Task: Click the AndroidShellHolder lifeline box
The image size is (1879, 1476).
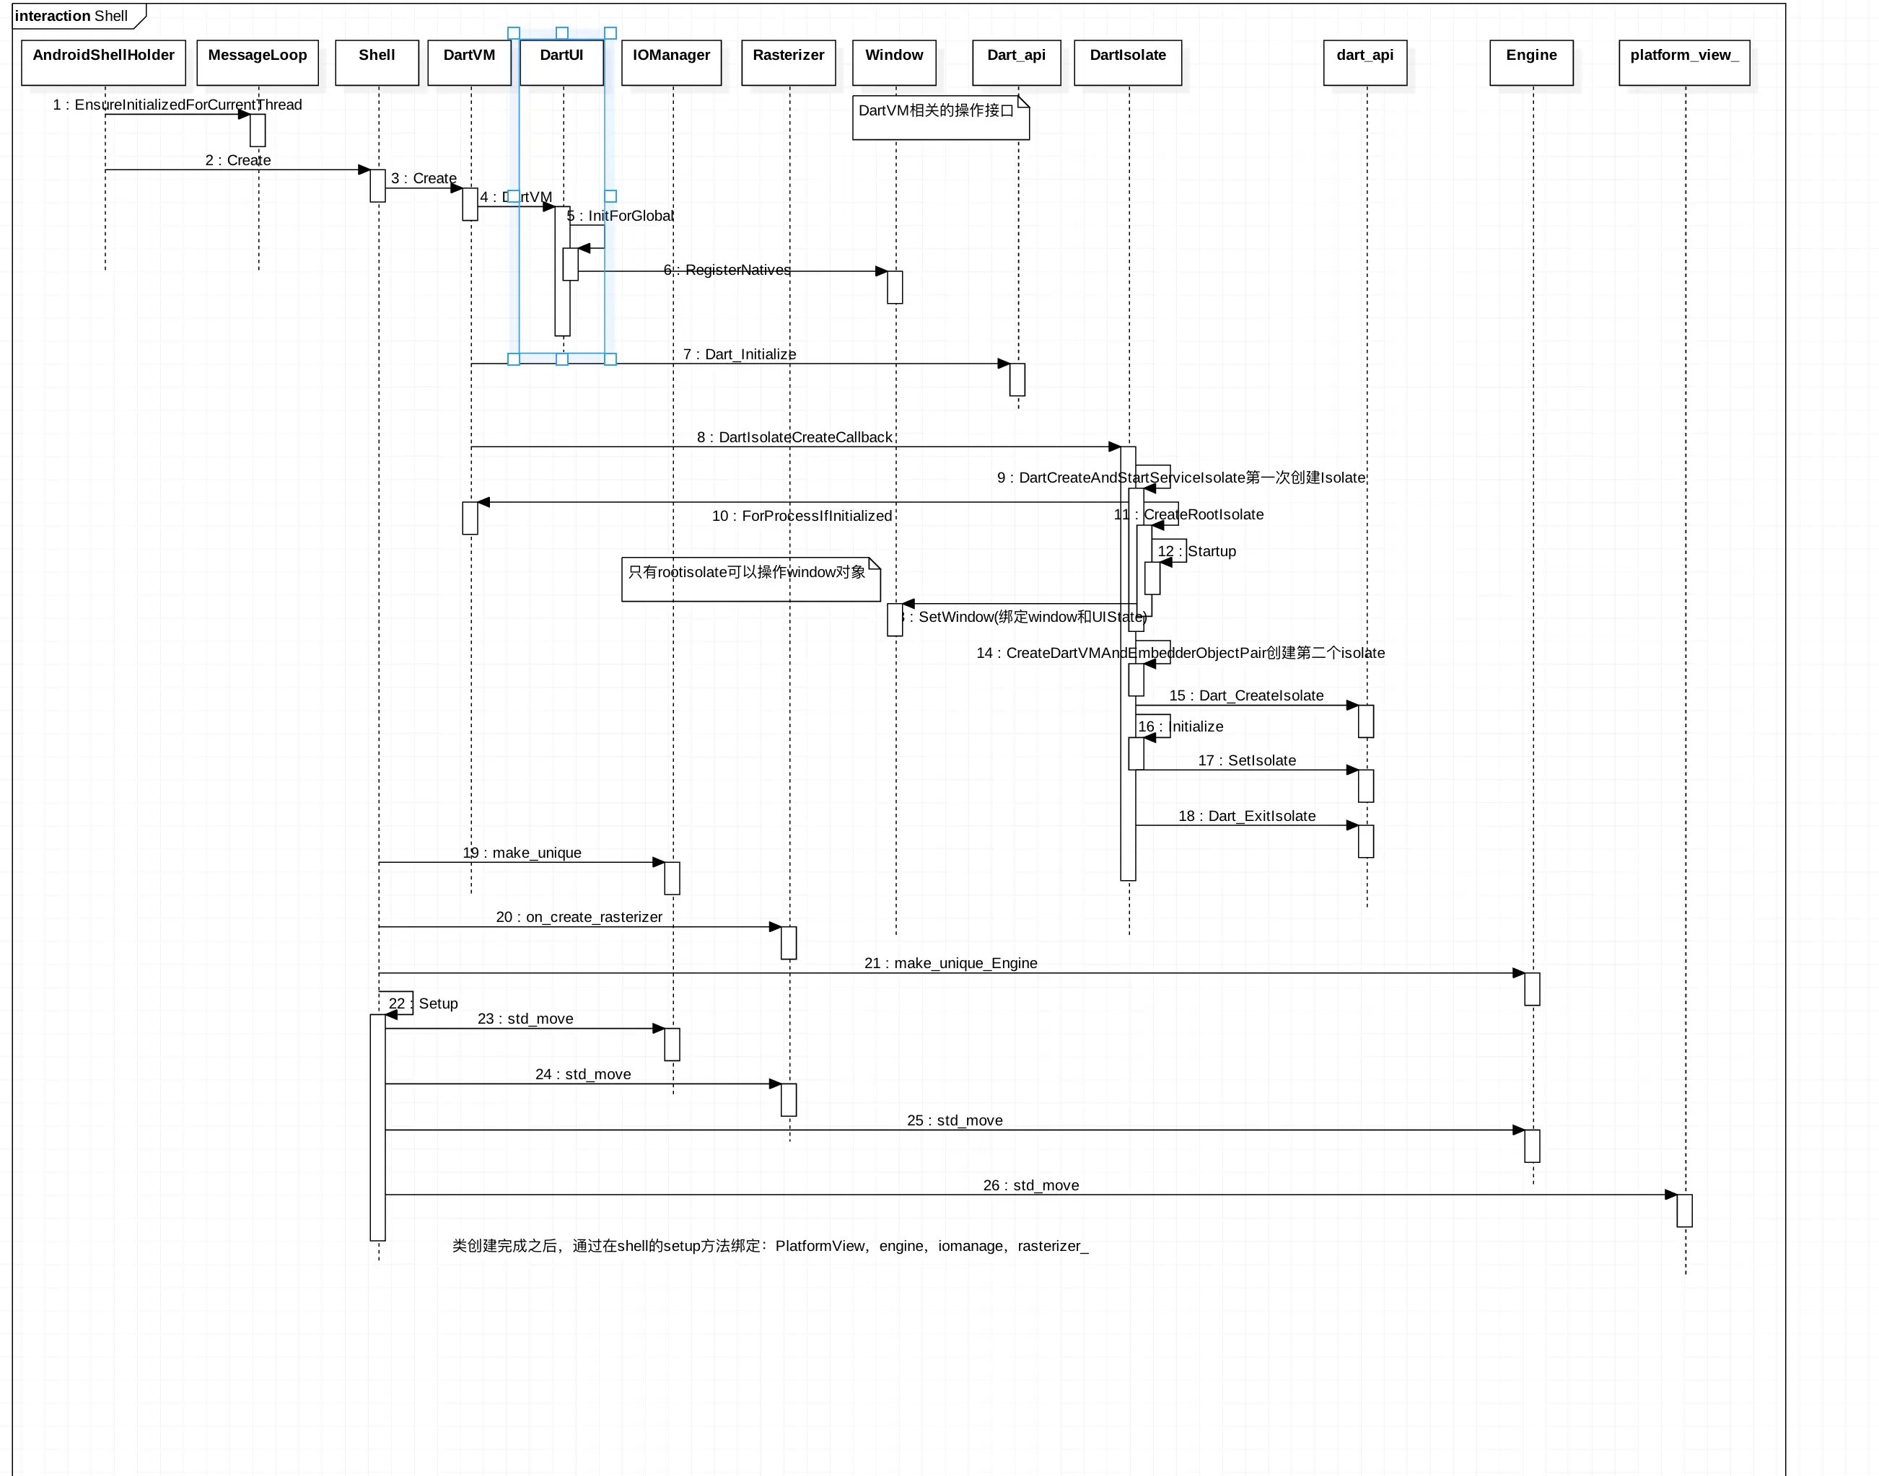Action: [103, 62]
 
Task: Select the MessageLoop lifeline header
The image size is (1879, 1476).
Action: [258, 62]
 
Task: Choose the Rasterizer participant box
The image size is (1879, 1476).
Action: [788, 62]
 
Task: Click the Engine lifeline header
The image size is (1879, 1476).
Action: [1530, 62]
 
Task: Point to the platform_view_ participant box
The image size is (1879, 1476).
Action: [1683, 62]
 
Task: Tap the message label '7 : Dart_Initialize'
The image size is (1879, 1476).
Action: [739, 354]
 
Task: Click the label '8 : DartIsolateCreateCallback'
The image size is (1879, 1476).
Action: [794, 437]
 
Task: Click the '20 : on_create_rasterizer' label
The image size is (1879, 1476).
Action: [579, 917]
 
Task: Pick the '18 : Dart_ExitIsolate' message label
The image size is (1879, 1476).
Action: [1246, 816]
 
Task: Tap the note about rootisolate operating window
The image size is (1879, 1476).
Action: [750, 579]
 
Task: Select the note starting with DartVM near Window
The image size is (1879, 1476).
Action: [940, 118]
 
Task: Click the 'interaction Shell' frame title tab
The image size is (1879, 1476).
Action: [74, 16]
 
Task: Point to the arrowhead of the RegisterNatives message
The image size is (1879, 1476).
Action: [882, 271]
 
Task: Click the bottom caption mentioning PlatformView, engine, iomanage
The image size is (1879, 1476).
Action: [769, 1245]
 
